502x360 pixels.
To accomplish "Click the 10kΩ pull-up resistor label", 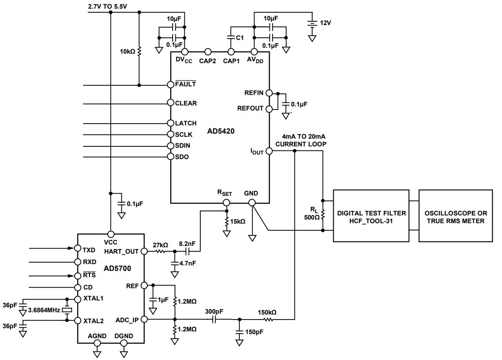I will (128, 51).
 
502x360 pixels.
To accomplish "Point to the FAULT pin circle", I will (170, 85).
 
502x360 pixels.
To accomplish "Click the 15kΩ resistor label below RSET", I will (238, 221).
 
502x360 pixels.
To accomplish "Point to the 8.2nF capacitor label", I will (188, 244).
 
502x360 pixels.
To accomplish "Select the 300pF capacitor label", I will (214, 311).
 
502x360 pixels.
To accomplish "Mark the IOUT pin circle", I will (269, 151).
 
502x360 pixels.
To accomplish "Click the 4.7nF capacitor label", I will (188, 263).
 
